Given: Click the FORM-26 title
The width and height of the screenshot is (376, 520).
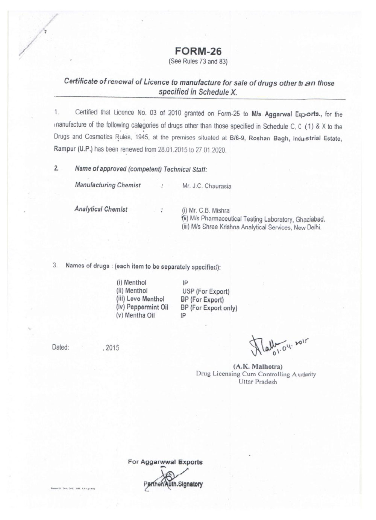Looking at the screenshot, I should tap(198, 52).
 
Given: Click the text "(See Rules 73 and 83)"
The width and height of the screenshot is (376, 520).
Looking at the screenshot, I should tap(199, 61).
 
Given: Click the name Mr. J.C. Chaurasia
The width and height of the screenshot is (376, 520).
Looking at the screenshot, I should tap(206, 186).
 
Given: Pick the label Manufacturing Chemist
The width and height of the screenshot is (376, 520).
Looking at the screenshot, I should tap(108, 185).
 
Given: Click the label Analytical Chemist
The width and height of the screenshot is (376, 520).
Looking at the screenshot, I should tap(101, 210).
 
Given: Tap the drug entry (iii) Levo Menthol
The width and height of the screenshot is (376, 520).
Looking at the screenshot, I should tap(140, 299).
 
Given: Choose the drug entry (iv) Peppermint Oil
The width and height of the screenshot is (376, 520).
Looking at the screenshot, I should tap(142, 307).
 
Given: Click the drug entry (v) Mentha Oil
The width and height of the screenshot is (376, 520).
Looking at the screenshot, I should tap(135, 316).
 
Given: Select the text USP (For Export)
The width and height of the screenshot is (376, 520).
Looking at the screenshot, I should tap(205, 292).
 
